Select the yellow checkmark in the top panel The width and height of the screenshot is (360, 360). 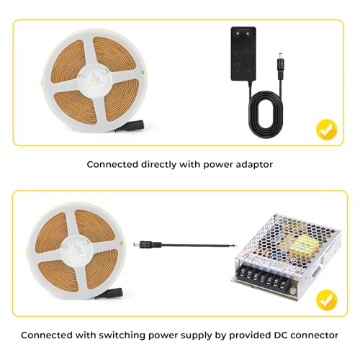click(x=327, y=130)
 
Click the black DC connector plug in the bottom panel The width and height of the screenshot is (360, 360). click(x=149, y=244)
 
